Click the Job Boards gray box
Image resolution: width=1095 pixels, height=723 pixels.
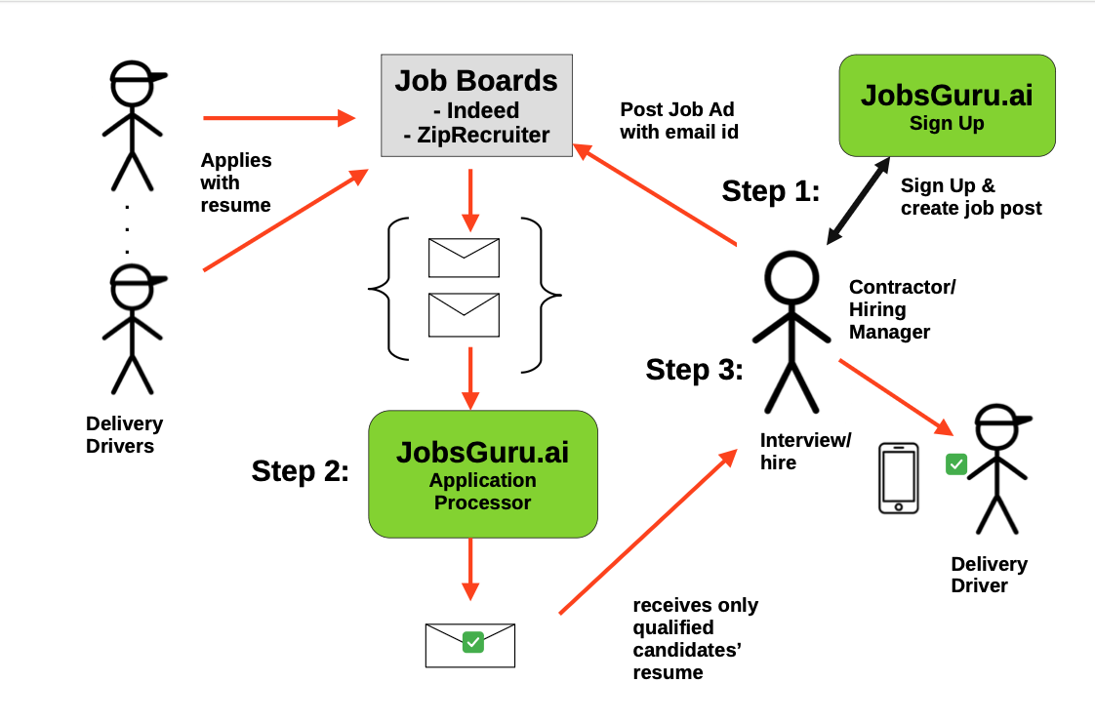476,105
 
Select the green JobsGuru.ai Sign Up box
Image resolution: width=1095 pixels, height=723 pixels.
947,105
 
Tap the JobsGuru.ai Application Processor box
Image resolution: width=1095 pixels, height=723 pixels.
482,474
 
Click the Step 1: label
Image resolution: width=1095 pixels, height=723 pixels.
770,191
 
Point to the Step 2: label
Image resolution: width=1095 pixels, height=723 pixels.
300,470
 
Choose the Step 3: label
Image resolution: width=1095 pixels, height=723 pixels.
694,370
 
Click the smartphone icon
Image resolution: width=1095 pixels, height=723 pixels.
898,477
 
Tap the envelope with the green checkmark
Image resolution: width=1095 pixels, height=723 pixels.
470,644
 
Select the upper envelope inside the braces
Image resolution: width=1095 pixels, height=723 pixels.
464,258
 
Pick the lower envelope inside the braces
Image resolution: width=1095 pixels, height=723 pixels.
464,315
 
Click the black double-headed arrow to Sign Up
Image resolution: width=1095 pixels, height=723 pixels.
859,200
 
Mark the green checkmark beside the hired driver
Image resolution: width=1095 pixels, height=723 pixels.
955,464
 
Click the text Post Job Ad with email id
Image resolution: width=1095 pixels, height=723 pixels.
677,121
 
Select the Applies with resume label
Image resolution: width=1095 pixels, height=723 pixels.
235,182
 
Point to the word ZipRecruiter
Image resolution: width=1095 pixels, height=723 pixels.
483,135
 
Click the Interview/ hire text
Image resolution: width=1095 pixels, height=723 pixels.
805,451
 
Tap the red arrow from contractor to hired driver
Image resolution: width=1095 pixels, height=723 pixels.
895,396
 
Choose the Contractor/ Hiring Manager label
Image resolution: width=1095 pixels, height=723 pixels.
902,309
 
